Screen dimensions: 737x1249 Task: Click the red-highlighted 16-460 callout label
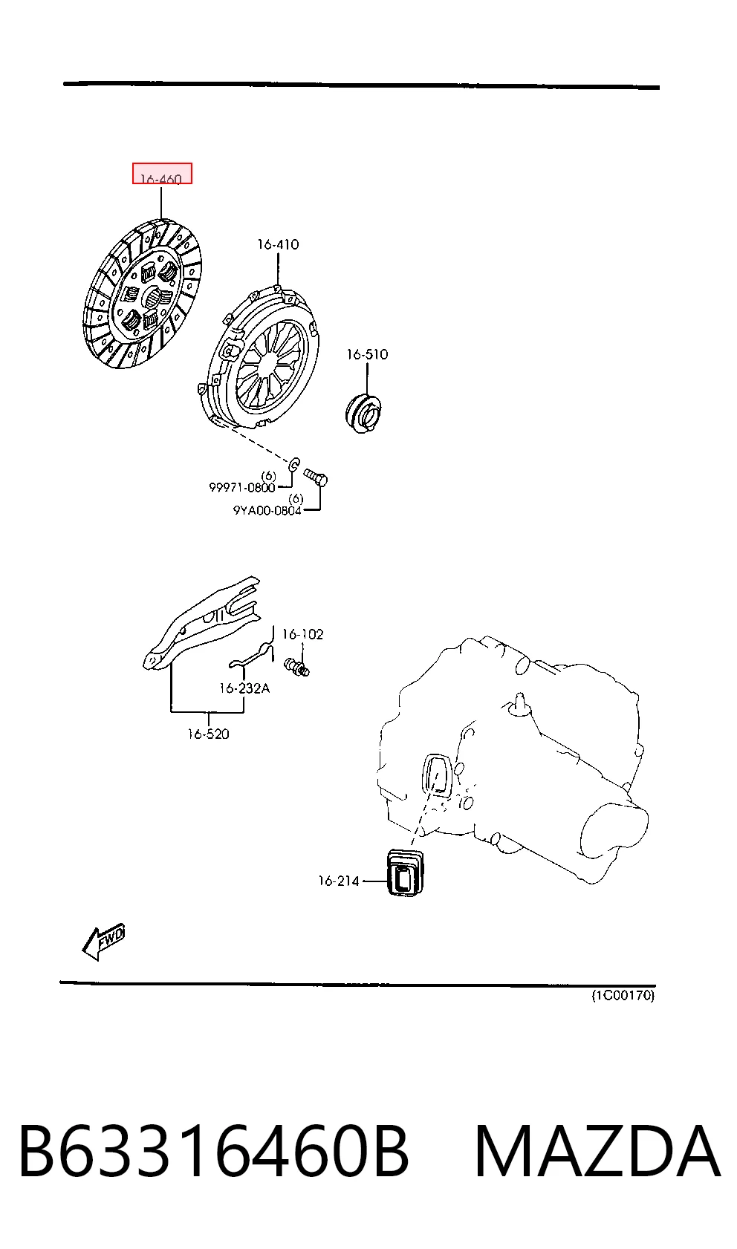(x=162, y=174)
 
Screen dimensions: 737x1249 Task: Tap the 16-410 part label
(x=278, y=244)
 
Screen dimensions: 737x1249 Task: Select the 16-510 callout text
(x=367, y=354)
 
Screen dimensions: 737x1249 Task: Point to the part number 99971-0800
(x=242, y=487)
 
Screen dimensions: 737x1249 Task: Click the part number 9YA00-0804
(x=267, y=510)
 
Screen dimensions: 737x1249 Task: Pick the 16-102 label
(x=302, y=634)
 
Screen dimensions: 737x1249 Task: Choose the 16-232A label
(x=244, y=688)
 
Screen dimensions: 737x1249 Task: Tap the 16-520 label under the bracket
(x=208, y=734)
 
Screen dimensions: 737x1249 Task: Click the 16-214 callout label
(x=339, y=881)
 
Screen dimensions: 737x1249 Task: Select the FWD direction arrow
(x=104, y=942)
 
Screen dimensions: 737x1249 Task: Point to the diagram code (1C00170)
(x=623, y=995)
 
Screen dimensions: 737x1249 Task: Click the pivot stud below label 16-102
(x=297, y=666)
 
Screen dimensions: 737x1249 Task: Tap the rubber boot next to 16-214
(x=406, y=873)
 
